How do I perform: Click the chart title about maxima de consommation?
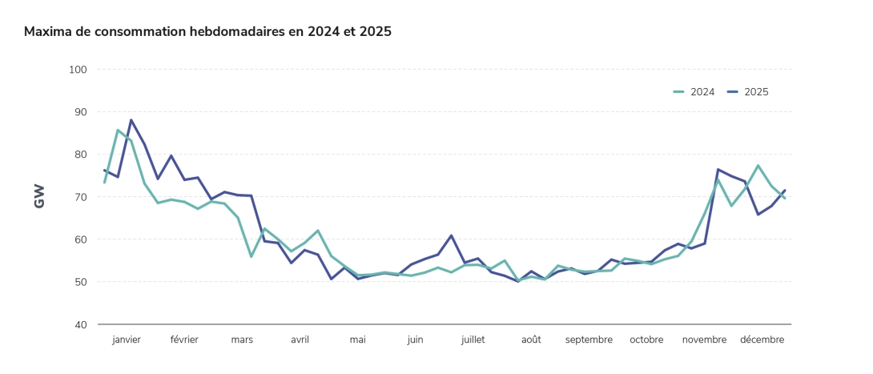[x=207, y=32]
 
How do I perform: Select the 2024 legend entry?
[x=694, y=92]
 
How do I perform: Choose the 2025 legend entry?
[x=748, y=92]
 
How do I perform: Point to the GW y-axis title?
[x=39, y=196]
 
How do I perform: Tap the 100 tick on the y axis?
[x=78, y=70]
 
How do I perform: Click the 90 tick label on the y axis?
[x=79, y=112]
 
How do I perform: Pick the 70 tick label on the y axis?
[x=79, y=197]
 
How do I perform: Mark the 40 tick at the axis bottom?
[x=79, y=324]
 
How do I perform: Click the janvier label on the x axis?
[x=127, y=340]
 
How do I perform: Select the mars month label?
[x=242, y=340]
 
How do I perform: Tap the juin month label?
[x=415, y=340]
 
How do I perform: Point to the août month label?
[x=531, y=340]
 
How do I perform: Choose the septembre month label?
[x=589, y=340]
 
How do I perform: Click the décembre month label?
[x=762, y=340]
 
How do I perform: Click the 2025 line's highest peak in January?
[x=131, y=120]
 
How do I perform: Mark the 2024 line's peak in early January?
[x=118, y=130]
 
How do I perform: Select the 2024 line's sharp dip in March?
[x=251, y=256]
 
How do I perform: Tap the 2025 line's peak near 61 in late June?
[x=452, y=235]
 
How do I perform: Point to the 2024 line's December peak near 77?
[x=758, y=166]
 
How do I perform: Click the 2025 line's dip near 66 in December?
[x=758, y=214]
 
